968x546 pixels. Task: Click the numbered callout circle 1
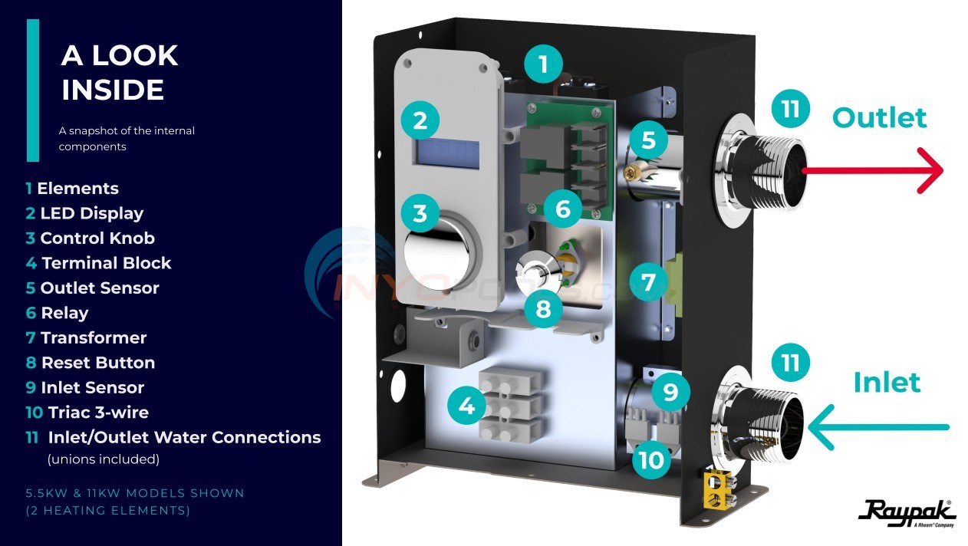(543, 64)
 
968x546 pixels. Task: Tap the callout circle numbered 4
(466, 406)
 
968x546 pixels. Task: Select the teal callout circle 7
(648, 282)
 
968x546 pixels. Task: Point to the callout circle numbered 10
(651, 459)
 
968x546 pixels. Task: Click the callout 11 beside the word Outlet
(790, 108)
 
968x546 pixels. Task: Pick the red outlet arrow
(872, 170)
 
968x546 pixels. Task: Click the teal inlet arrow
(878, 427)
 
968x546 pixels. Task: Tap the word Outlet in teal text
(880, 117)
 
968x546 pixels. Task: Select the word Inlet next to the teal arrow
(887, 383)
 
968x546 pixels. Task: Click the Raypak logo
(907, 513)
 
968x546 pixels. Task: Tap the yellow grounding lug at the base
(719, 489)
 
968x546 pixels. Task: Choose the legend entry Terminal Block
(98, 263)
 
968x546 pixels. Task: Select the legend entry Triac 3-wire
(87, 413)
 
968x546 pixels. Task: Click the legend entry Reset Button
(91, 363)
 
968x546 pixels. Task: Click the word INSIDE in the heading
(112, 90)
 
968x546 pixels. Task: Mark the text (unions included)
(104, 459)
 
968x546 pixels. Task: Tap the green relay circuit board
(571, 161)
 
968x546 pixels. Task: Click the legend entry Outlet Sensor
(93, 288)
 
